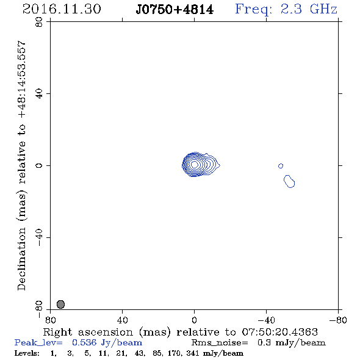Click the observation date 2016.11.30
(x=62, y=9)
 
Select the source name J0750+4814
(x=175, y=10)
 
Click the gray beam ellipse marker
(x=60, y=304)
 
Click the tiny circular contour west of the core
(x=281, y=166)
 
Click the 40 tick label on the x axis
(x=122, y=320)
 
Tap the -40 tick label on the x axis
(x=266, y=320)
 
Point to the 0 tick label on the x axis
(x=194, y=320)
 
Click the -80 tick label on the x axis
(x=337, y=320)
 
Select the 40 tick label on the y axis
(x=39, y=94)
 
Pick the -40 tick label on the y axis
(x=39, y=237)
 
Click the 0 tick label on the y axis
(x=39, y=165)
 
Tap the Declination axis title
(x=21, y=166)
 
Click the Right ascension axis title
(x=180, y=332)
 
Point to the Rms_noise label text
(x=220, y=343)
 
